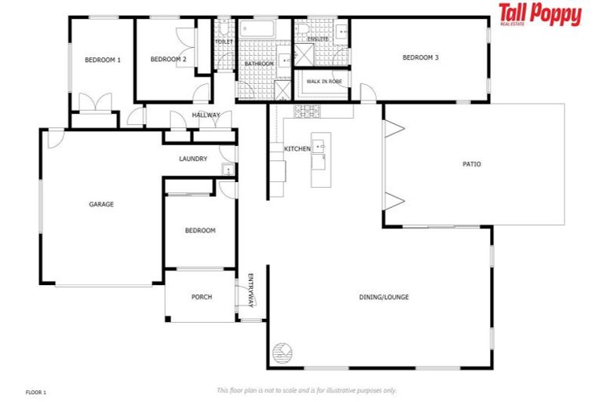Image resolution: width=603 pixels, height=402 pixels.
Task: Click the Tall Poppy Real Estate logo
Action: pos(539,15)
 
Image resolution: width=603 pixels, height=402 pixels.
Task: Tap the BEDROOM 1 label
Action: pos(102,60)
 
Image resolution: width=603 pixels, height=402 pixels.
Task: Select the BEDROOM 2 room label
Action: pos(168,60)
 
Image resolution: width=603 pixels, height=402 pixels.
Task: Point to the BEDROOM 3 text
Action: pos(420,57)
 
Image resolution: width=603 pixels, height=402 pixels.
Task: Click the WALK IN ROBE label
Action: pos(323,81)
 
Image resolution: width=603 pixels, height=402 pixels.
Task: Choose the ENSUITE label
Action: pos(318,38)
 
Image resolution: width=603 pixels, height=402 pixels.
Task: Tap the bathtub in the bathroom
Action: pos(256,31)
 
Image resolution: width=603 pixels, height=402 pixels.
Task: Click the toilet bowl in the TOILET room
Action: pos(223,29)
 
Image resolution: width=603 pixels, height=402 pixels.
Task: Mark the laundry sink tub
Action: pos(228,170)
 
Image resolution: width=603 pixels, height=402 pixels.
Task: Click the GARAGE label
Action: pos(100,204)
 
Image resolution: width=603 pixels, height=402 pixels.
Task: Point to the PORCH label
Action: pos(202,297)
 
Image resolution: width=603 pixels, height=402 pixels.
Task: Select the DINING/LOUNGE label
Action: pos(384,297)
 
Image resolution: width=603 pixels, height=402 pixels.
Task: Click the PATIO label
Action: pos(471,164)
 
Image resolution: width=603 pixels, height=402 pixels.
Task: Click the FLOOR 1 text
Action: pos(36,391)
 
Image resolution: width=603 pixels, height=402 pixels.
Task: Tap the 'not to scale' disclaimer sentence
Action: pos(306,390)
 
